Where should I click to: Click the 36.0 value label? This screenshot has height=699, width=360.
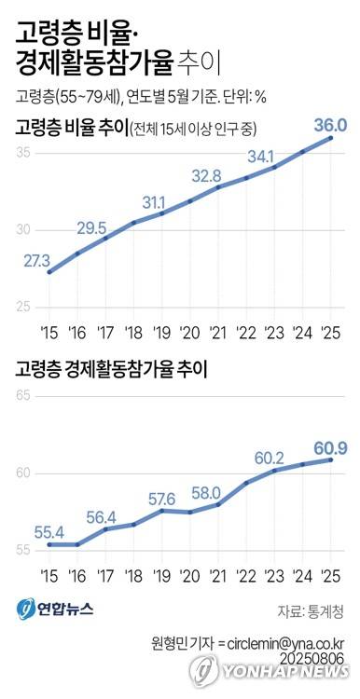330,126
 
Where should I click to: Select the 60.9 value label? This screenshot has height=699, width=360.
330,447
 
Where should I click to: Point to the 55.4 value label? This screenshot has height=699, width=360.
49,532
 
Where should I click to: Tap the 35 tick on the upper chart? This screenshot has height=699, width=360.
22,153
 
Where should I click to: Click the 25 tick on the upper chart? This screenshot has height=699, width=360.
22,308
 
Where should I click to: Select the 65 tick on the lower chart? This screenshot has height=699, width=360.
22,396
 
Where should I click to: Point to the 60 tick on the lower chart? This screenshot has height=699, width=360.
22,473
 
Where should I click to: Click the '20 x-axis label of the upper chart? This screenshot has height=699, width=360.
189,332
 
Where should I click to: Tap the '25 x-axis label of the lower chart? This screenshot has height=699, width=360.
329,575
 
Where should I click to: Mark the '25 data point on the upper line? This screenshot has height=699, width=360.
331,138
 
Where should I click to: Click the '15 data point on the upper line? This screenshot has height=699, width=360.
49,272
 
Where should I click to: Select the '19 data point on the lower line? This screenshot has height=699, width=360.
162,511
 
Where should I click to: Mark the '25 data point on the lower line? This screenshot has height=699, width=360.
331,459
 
